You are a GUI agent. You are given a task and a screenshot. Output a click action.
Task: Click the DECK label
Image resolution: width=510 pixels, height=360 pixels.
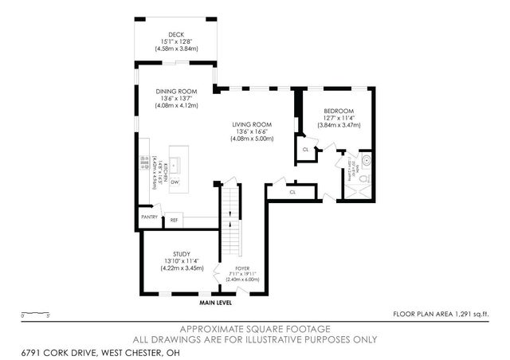(x=177, y=35)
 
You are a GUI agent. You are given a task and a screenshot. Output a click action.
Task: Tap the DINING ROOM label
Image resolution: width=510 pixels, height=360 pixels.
(x=177, y=91)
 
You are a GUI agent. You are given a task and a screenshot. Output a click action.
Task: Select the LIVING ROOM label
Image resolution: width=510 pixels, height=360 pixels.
(x=253, y=125)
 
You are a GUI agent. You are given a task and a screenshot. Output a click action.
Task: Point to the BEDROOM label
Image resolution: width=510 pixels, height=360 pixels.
(x=338, y=112)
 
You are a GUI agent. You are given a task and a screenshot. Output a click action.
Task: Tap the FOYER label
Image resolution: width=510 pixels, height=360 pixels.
(x=243, y=269)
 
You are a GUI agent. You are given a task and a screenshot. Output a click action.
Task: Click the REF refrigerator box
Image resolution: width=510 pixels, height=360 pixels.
(x=174, y=219)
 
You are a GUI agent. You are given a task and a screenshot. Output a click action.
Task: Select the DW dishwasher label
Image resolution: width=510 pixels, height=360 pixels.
(x=174, y=182)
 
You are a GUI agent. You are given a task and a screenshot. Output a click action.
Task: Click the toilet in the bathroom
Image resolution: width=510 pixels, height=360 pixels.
(x=363, y=182)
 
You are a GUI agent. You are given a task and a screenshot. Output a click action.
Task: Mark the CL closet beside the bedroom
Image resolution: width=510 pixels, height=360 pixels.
(x=305, y=149)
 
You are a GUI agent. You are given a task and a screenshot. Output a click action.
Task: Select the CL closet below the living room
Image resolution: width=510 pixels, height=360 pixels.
(x=292, y=192)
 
